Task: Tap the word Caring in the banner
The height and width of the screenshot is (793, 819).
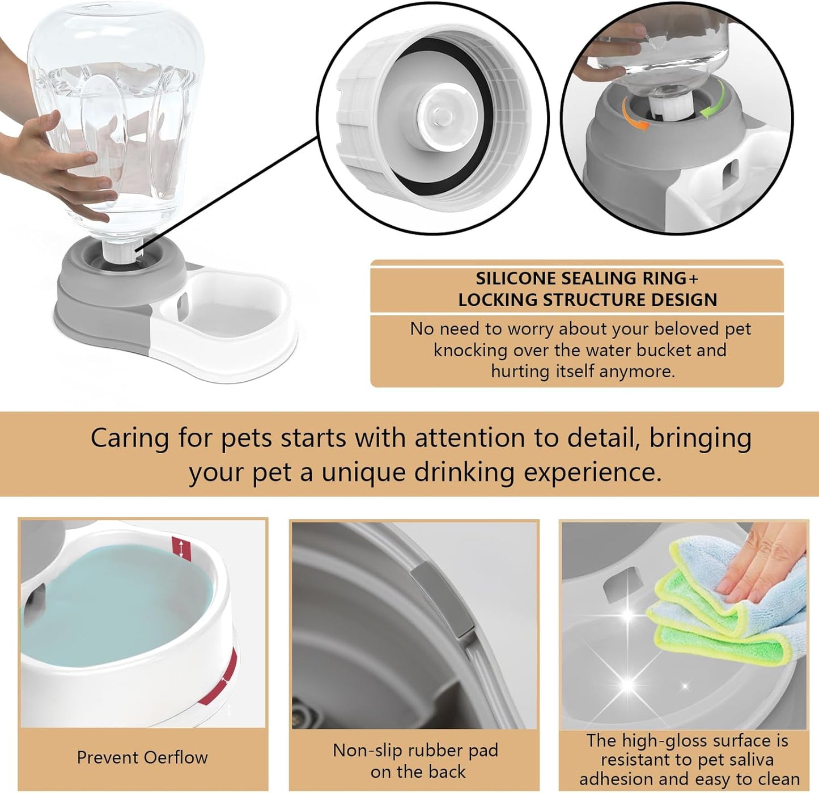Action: click(130, 438)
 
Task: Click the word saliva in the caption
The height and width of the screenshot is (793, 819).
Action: click(748, 760)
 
